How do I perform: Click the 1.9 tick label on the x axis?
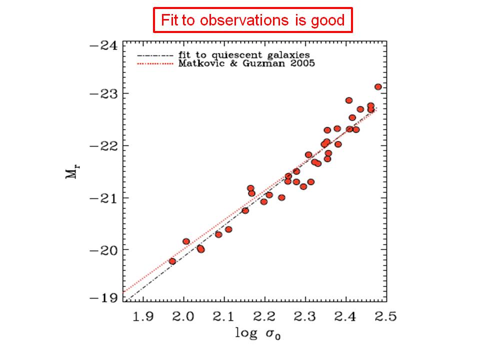144,316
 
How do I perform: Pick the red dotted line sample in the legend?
155,64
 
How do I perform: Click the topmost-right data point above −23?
378,87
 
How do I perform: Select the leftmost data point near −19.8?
172,261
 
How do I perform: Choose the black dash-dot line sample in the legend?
155,55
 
